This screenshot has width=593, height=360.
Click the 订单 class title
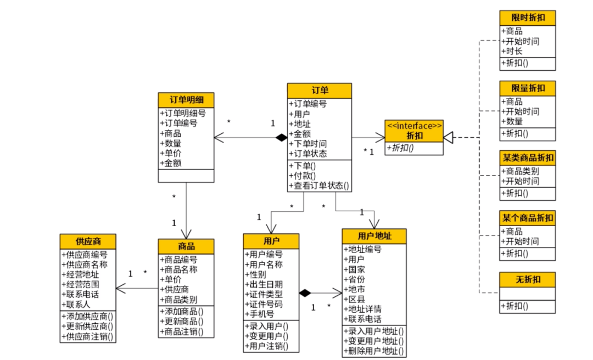pos(320,91)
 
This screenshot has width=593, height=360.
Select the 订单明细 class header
pos(186,100)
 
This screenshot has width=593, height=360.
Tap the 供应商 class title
pos(88,241)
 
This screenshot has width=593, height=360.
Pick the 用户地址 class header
pos(374,236)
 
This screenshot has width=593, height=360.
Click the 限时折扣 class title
pos(528,18)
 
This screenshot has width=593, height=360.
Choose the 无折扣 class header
pos(528,279)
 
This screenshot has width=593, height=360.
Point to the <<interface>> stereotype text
pos(414,126)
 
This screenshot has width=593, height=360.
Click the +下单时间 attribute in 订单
pos(307,144)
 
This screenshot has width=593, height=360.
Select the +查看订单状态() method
pos(319,185)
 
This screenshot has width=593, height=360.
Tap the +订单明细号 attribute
pos(183,113)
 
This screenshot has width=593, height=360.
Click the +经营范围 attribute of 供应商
pos(80,284)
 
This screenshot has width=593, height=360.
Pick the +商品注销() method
pos(182,331)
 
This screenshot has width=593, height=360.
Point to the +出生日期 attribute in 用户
pos(264,284)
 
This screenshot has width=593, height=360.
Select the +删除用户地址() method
pos(374,351)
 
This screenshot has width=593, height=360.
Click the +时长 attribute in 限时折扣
pos(512,51)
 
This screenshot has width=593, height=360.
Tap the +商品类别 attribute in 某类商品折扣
pos(520,171)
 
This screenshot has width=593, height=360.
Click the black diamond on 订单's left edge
pos(281,138)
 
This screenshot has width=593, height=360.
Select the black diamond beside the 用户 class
pos(305,292)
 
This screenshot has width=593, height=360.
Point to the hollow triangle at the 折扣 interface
pos(448,137)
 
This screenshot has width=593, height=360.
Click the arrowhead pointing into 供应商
pos(121,289)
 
